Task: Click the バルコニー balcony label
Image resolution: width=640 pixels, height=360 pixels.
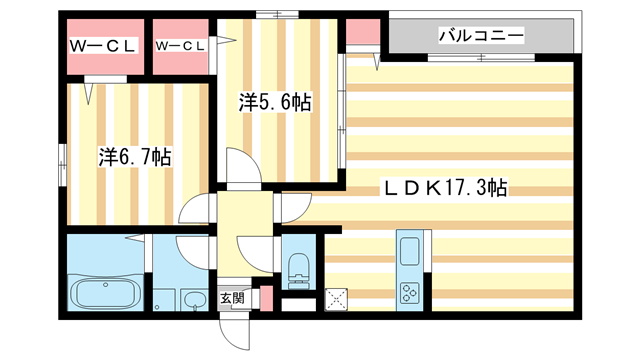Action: coord(481,36)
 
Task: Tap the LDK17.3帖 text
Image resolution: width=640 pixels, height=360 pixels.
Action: coord(445,188)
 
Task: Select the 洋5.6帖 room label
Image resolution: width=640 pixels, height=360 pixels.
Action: coord(275,102)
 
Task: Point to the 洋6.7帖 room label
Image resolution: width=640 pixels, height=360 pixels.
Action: coord(135,156)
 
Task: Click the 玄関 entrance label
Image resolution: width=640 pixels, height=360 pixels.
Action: coord(232,298)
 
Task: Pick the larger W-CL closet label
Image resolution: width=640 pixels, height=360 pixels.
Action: coord(102,46)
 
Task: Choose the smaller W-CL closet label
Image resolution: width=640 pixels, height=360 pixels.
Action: coord(180,46)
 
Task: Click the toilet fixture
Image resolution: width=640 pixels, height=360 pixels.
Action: coord(299,268)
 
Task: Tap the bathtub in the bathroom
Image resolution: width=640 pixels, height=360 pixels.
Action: coord(106,292)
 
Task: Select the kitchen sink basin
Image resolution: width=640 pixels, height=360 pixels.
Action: coord(409,251)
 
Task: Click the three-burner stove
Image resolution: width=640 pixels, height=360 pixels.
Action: coord(409,293)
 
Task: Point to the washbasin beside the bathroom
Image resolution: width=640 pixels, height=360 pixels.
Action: coord(194,300)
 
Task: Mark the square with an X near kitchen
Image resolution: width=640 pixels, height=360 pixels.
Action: coord(336,300)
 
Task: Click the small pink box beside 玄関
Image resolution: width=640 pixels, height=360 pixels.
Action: coord(267,298)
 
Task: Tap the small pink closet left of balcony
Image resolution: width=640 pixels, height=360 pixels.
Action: coord(363,32)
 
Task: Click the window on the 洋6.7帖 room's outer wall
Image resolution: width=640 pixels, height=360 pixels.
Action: coord(62,165)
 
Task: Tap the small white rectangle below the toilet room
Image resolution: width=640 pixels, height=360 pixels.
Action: coord(299,305)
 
